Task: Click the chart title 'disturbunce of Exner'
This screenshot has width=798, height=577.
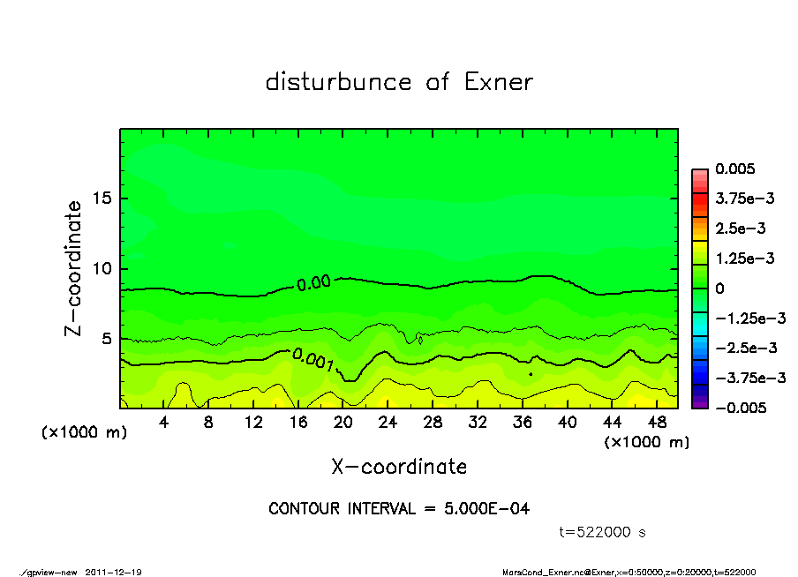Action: (399, 83)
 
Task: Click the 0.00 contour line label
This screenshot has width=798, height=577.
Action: (313, 284)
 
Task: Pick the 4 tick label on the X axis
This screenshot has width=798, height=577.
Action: (164, 422)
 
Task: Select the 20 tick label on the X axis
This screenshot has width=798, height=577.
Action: (343, 422)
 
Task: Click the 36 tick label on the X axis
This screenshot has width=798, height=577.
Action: (523, 422)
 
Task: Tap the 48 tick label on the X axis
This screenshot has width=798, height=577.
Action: (657, 422)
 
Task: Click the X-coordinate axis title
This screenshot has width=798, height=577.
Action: (399, 467)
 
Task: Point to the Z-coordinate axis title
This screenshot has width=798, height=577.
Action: (74, 268)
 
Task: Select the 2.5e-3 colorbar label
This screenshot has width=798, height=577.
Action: (740, 229)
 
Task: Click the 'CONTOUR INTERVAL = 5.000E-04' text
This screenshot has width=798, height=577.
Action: (399, 509)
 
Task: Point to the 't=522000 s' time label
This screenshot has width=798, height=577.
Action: (603, 532)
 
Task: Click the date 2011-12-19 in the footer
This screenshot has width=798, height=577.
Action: (114, 573)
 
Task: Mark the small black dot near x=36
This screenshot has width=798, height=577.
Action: (531, 374)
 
